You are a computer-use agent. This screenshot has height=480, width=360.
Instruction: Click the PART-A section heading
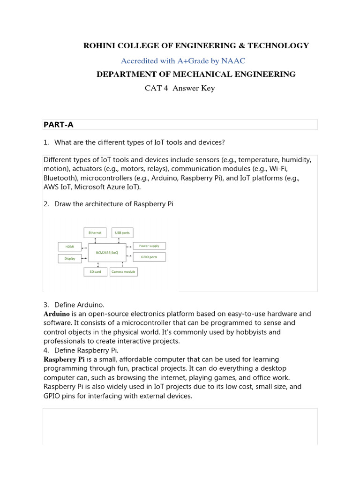[x=59, y=124]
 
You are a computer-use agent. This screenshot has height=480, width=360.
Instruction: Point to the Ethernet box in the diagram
[x=95, y=232]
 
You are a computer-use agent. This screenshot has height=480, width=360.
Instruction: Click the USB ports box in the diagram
[x=122, y=232]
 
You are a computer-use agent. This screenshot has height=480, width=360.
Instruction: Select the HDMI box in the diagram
[x=69, y=247]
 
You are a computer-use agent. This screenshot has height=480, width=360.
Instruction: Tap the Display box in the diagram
[x=69, y=258]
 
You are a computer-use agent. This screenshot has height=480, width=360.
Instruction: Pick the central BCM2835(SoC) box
[x=107, y=252]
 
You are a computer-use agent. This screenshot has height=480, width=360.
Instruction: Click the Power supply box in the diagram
[x=149, y=246]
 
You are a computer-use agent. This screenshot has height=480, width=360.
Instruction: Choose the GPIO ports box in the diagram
[x=149, y=257]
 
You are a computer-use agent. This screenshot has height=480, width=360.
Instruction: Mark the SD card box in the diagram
[x=95, y=271]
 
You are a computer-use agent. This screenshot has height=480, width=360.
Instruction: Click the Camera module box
[x=123, y=271]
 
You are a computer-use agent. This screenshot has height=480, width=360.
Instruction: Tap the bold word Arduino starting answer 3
[x=57, y=314]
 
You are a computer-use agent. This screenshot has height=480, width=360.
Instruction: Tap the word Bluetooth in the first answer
[x=60, y=178]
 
